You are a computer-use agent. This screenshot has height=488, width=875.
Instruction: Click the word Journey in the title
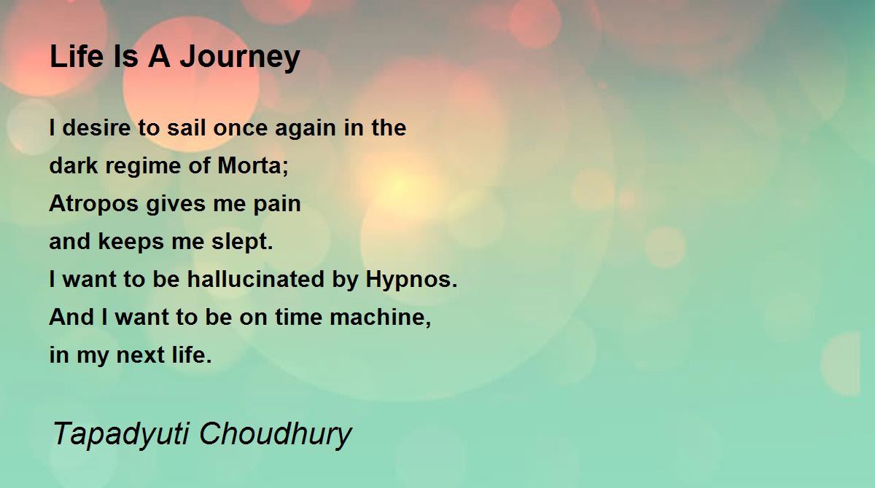[x=239, y=58]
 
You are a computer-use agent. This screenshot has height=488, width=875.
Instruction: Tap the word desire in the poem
[x=96, y=127]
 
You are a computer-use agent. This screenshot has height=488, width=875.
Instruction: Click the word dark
[x=74, y=165]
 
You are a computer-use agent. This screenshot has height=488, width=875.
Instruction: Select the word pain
[x=277, y=205]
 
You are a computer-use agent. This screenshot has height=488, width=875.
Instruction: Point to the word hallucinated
[x=255, y=279]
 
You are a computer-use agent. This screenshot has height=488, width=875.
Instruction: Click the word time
[x=298, y=317]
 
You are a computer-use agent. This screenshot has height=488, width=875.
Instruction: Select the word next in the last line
[x=140, y=355]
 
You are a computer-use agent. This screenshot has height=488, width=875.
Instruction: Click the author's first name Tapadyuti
[x=121, y=435]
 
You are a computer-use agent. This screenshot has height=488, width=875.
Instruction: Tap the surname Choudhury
[x=276, y=435]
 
